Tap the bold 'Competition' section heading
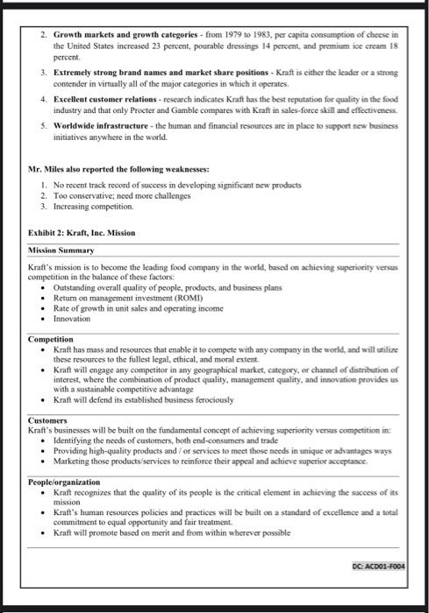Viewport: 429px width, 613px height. click(51, 339)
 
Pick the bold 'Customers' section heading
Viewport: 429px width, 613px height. click(47, 420)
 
